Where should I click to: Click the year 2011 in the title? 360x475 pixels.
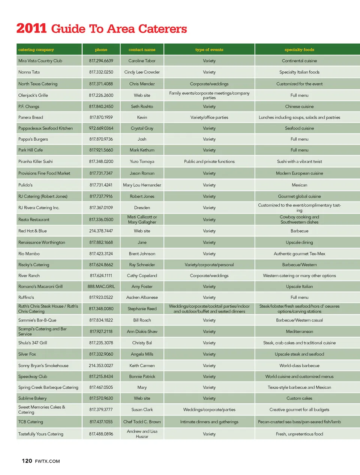coord(31,29)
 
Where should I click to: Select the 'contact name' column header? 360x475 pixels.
coord(142,50)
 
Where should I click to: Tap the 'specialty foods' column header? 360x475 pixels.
coord(299,50)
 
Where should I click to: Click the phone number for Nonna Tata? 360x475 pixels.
coord(101,72)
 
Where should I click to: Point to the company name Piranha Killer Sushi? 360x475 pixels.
coord(36,161)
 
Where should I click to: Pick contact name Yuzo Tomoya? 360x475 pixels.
coord(142,161)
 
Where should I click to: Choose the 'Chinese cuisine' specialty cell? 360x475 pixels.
coord(299,107)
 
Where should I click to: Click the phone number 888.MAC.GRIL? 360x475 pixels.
coord(101,286)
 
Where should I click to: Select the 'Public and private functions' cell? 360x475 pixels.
coord(209,161)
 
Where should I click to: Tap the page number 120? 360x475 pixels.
coord(27,461)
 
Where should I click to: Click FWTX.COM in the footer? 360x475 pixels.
coord(47,461)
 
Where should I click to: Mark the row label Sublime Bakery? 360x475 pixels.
coord(33,398)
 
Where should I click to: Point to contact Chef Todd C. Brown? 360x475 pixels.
coord(142,422)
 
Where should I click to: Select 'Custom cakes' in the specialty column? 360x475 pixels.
coord(299,398)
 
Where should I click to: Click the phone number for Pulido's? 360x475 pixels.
coord(101,185)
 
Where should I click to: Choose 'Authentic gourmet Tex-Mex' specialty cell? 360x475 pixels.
coord(299,254)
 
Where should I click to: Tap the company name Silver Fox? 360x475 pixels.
coord(27,354)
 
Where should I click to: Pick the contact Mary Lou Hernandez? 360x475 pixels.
coord(142,185)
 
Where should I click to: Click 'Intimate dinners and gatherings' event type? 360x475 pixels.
coord(209,422)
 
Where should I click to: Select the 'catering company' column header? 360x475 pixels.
coord(36,50)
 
